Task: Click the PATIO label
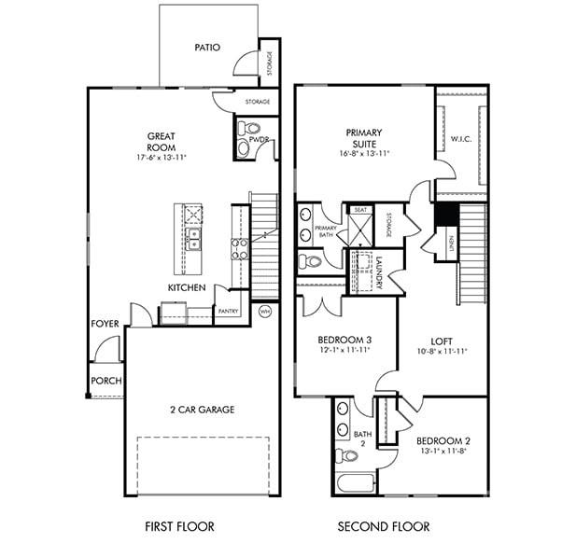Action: [x=207, y=47]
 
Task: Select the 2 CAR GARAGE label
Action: [x=202, y=409]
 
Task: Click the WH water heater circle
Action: [x=264, y=312]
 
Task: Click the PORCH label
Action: [x=105, y=381]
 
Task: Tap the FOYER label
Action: [x=105, y=324]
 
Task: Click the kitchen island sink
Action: [x=192, y=240]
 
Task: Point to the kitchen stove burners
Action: [x=239, y=248]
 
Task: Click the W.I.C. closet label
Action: [x=461, y=140]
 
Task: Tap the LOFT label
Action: [x=442, y=341]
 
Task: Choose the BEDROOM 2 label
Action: [x=443, y=441]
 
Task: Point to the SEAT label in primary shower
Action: [x=360, y=210]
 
